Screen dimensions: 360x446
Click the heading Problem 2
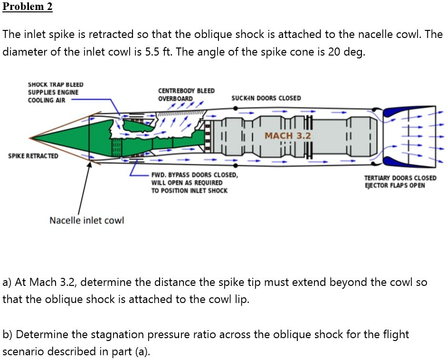(x=28, y=7)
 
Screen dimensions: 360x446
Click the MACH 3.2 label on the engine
(x=287, y=136)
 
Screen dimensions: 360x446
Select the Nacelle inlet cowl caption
(x=86, y=220)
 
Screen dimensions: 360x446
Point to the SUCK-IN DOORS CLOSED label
(x=266, y=98)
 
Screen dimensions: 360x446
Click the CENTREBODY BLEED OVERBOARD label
(x=186, y=95)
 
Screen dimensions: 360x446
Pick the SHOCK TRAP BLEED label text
(x=56, y=85)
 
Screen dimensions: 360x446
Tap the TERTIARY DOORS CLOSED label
(x=400, y=178)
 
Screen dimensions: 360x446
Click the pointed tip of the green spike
(x=32, y=139)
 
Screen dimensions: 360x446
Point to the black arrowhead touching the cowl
(x=89, y=164)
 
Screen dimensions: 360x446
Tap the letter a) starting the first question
(x=7, y=283)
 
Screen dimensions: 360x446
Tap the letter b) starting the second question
(x=7, y=334)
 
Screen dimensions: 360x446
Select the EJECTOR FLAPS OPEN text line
(x=394, y=185)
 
